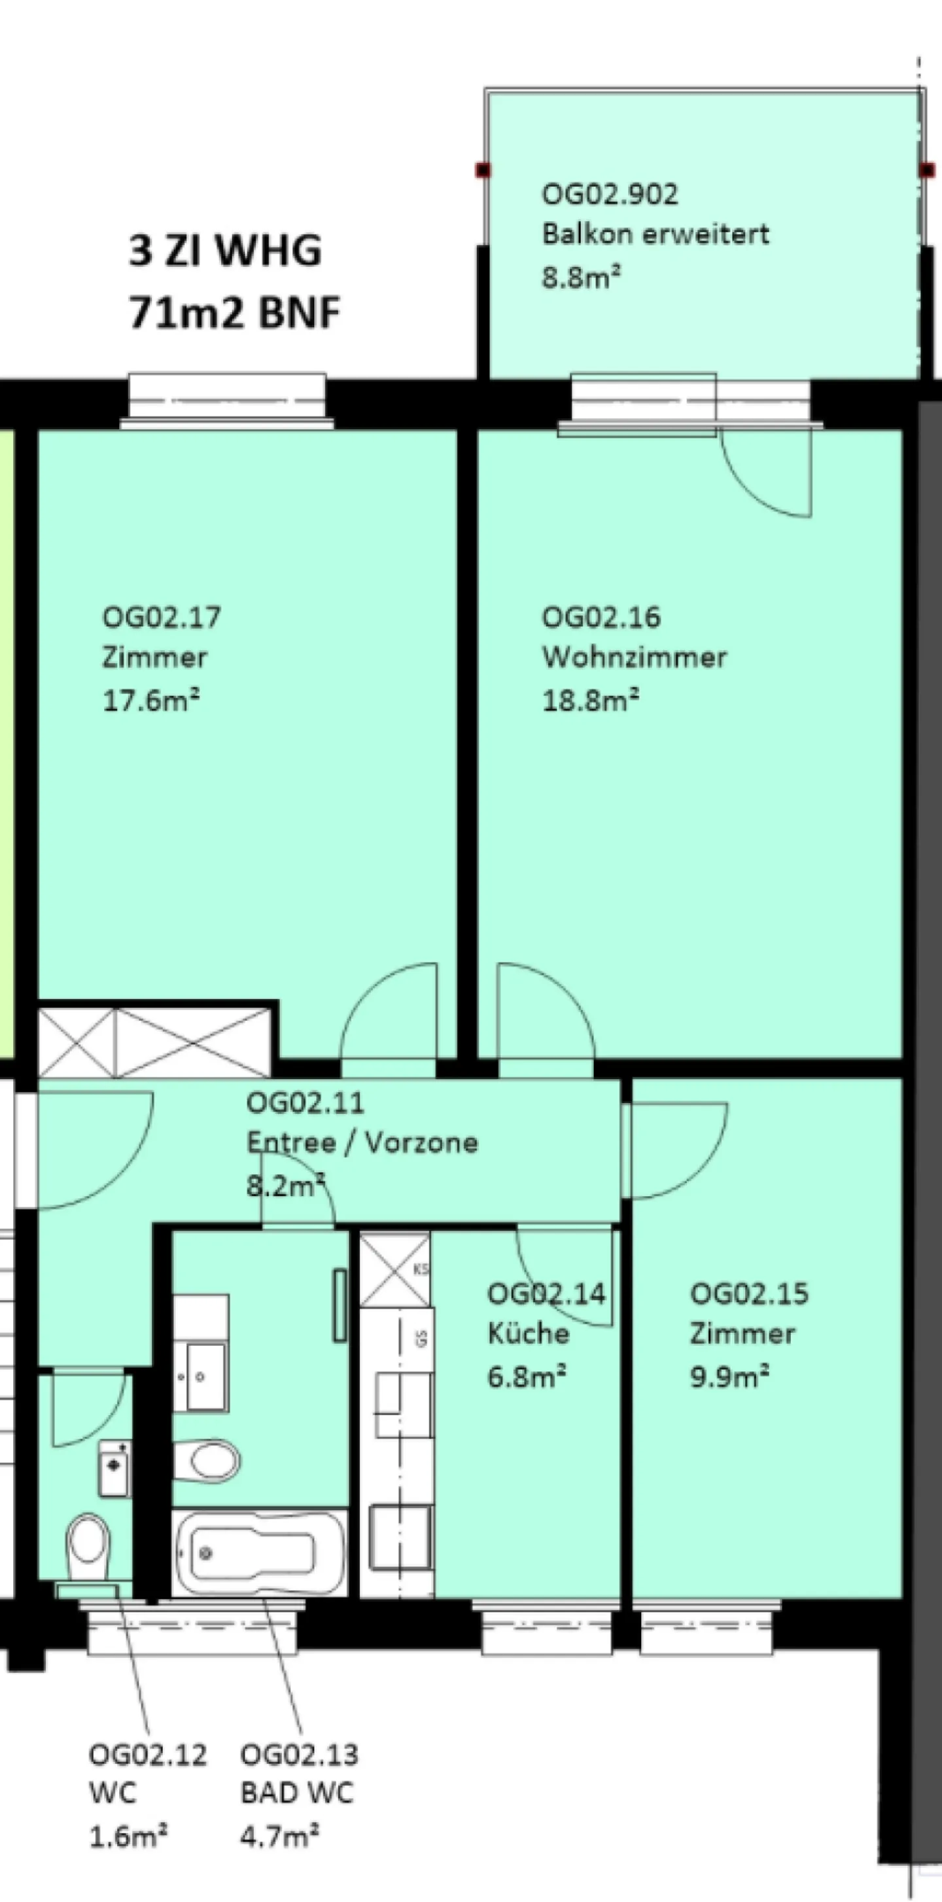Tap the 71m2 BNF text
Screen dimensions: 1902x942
tap(234, 311)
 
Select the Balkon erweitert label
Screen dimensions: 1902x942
tap(655, 234)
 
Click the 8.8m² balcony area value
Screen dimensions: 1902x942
tap(581, 277)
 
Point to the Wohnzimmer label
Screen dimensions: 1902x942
tap(634, 656)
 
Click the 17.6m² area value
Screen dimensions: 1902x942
tap(151, 699)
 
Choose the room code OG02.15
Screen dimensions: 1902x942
tap(748, 1293)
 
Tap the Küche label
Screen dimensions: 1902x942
tap(528, 1333)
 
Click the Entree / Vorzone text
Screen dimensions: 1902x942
tap(362, 1143)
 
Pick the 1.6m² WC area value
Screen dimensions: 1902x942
tap(128, 1835)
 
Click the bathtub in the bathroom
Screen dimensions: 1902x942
tap(258, 1552)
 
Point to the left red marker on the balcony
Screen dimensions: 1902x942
tap(483, 171)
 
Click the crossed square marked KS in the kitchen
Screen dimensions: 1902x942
tap(394, 1270)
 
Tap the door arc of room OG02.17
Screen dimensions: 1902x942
tap(389, 1012)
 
